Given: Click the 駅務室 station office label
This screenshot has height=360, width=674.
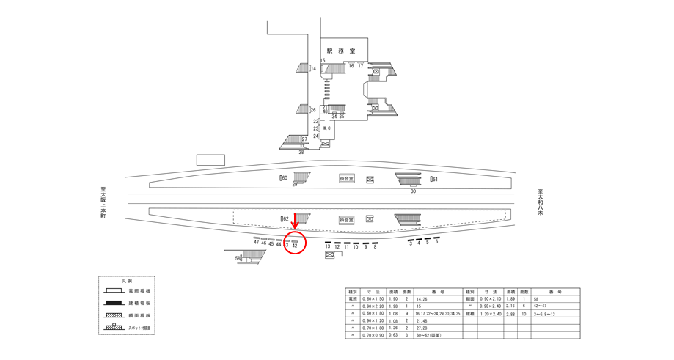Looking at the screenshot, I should (341, 51).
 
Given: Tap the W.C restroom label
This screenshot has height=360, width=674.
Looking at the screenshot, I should (327, 129).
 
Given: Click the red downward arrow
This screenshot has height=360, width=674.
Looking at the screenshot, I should (295, 221).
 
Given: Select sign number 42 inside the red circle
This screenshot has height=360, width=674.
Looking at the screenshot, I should (295, 245).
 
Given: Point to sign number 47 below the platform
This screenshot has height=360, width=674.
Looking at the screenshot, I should (256, 243).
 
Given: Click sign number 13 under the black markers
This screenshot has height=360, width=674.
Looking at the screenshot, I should (328, 247).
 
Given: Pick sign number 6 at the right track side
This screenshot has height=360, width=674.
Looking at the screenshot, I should (436, 242).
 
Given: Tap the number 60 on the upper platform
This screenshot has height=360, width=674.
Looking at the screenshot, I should (284, 178).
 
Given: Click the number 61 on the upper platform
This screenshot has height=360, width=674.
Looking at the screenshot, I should (434, 179).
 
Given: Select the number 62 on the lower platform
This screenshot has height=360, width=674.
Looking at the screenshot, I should (285, 218).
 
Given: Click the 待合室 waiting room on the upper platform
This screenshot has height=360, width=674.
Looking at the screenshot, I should (347, 178).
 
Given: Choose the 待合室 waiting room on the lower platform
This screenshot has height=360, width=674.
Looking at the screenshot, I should (347, 219).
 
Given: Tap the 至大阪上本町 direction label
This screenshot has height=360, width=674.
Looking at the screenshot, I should (103, 203).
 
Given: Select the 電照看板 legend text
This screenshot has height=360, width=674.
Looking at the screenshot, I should (143, 291).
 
